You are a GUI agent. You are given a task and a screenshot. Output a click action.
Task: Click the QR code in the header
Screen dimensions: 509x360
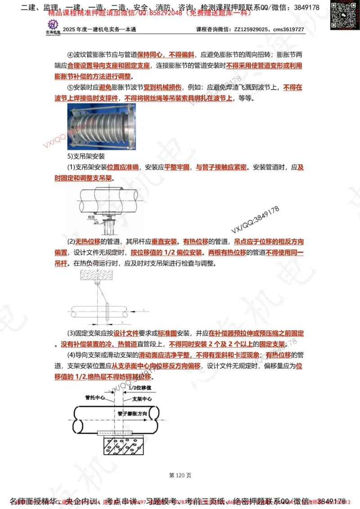tap(342, 11)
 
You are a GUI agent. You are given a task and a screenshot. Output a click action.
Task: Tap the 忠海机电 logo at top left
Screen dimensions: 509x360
tap(53, 27)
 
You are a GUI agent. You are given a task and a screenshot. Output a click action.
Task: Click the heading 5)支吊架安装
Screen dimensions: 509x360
tap(86, 157)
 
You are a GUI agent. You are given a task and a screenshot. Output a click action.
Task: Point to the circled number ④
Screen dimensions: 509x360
tap(70, 55)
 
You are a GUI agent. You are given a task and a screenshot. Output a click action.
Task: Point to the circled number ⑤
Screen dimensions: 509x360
tap(70, 87)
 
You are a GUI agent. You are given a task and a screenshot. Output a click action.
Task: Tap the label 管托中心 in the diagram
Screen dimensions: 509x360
tap(95, 398)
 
